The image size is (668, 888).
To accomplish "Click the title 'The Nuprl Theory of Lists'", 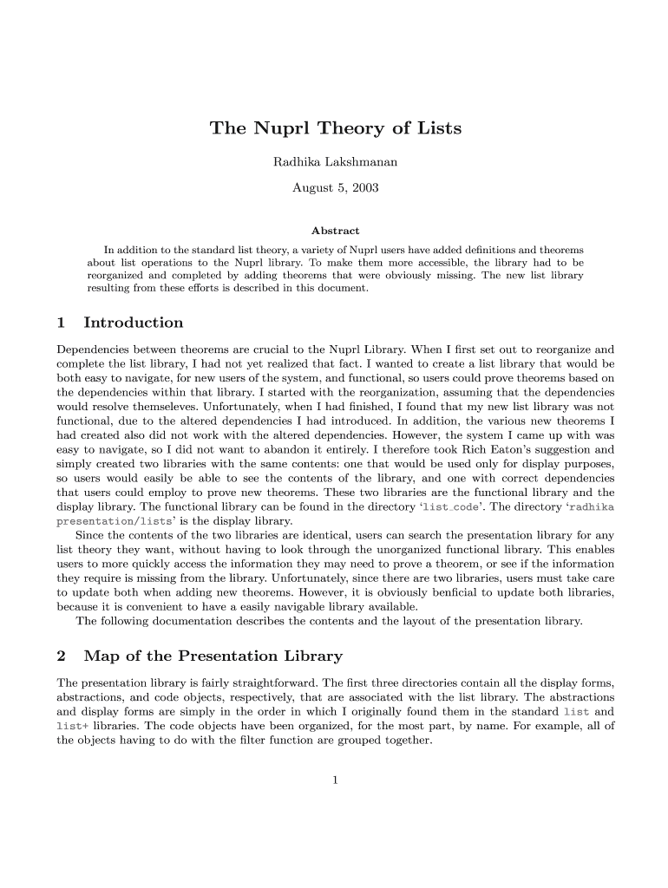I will [x=335, y=129].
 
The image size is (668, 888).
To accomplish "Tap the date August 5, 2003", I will [x=335, y=187].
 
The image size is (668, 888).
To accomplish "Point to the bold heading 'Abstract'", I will [x=335, y=231].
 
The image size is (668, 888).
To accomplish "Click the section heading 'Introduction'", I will [x=133, y=323].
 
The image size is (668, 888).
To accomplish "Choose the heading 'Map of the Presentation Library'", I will [x=213, y=656].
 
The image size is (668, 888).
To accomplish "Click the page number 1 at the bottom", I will [x=335, y=780].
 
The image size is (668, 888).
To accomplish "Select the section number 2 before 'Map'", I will [x=62, y=656].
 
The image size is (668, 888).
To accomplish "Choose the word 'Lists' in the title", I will [x=438, y=129].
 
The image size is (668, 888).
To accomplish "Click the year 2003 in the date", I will [x=363, y=187].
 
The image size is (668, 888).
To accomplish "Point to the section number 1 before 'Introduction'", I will [x=62, y=323].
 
